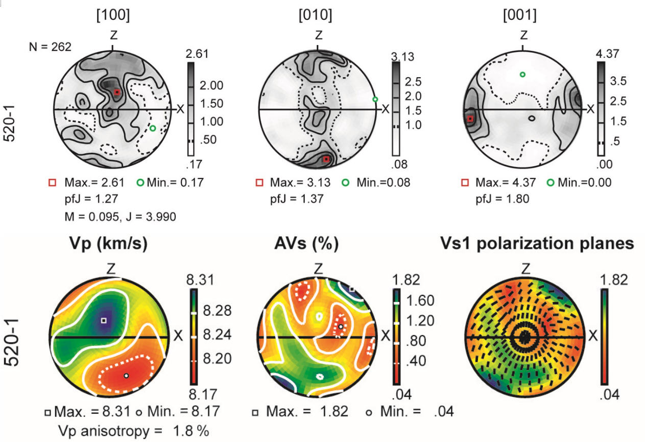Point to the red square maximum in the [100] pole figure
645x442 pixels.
click(117, 92)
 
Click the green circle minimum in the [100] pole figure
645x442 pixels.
click(153, 128)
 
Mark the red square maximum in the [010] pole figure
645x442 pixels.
click(326, 159)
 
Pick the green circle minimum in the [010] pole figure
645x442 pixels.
click(375, 99)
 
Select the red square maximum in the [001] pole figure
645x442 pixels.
click(470, 119)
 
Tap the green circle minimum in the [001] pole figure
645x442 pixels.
click(522, 75)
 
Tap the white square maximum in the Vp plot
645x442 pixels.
click(104, 320)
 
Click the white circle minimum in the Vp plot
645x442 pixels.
click(126, 376)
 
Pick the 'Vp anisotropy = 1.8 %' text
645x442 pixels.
click(134, 430)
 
